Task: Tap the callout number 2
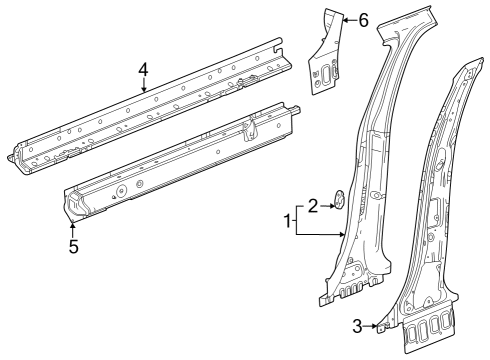[313, 206]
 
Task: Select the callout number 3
[358, 324]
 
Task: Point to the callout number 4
[144, 69]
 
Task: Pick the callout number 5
[73, 245]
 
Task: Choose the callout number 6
[363, 20]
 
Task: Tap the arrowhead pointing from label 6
[344, 20]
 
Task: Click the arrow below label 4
[144, 85]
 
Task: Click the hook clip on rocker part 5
[249, 127]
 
